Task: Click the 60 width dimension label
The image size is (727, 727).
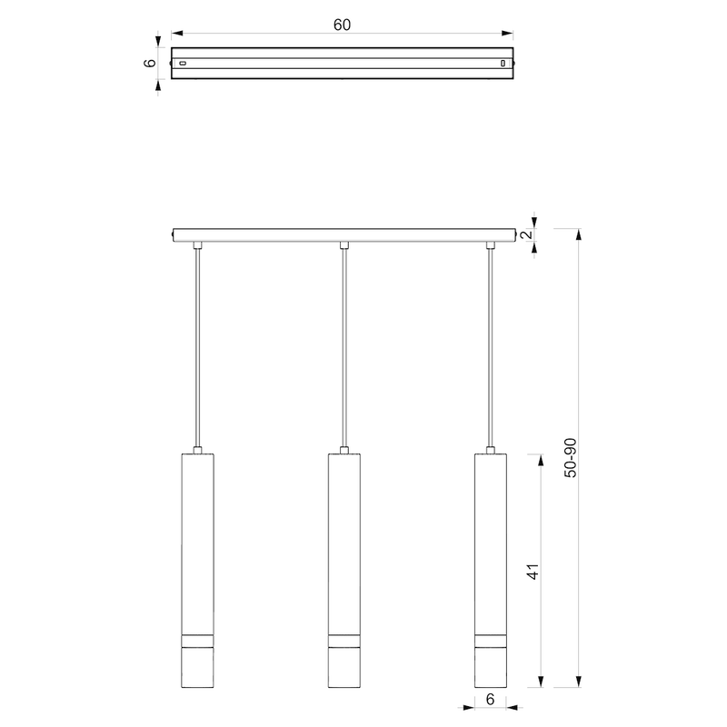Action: (x=342, y=25)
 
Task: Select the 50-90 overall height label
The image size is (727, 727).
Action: (x=570, y=459)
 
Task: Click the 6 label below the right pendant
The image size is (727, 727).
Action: (x=491, y=700)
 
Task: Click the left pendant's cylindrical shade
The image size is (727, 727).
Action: (x=196, y=545)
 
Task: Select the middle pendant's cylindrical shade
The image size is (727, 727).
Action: (x=344, y=545)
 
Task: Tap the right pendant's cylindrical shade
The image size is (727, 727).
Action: (x=491, y=545)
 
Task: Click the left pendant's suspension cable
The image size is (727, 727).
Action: (x=196, y=345)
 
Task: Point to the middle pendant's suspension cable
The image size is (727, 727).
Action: (x=344, y=345)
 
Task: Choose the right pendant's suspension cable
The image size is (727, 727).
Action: (x=491, y=345)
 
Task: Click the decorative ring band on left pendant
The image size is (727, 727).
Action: (x=196, y=637)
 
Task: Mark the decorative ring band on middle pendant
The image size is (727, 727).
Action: (x=344, y=637)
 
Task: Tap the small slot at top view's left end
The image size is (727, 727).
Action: (x=183, y=64)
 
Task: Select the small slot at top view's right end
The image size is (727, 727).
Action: (x=503, y=64)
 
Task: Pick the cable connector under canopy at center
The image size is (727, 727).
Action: (x=344, y=244)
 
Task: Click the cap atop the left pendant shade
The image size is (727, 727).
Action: (x=196, y=450)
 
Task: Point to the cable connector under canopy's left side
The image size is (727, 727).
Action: (x=196, y=244)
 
